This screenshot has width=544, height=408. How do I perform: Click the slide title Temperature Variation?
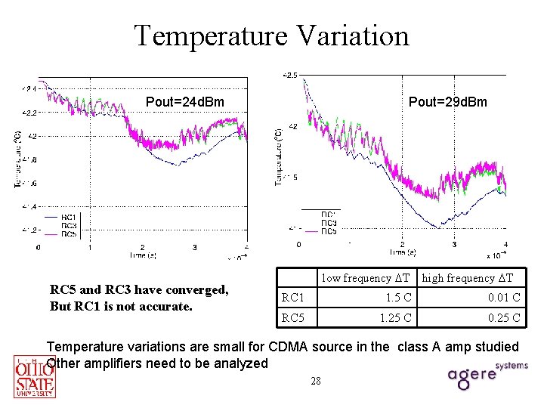point(271,36)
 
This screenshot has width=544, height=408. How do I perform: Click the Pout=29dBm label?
point(447,102)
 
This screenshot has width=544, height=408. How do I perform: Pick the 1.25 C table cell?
point(395,318)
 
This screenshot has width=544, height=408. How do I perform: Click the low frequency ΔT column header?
point(365,278)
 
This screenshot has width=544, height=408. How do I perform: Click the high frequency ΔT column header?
point(468,278)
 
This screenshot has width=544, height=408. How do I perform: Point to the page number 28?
point(316,381)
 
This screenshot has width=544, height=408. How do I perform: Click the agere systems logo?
point(484,373)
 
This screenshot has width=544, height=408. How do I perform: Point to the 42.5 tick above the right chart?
point(291,75)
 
